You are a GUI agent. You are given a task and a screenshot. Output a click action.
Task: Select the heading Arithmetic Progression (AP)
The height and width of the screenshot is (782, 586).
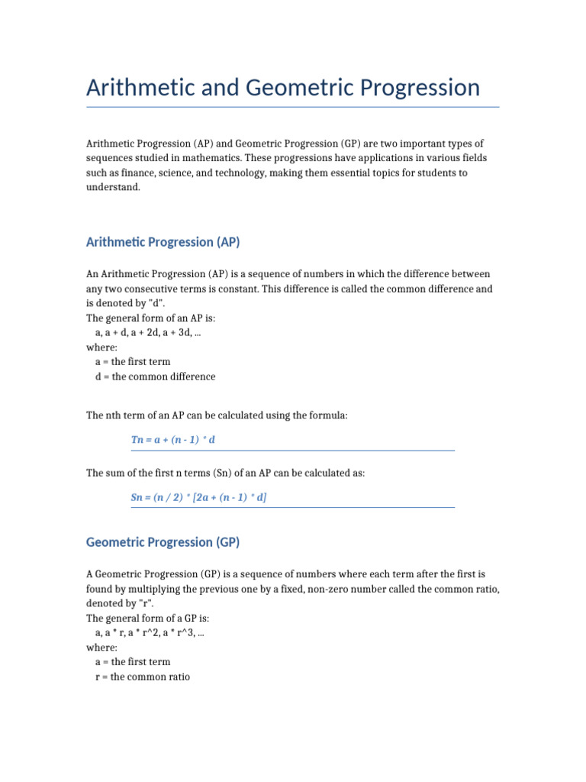tap(163, 242)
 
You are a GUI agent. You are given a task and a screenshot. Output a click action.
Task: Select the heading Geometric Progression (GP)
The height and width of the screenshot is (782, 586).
tap(163, 542)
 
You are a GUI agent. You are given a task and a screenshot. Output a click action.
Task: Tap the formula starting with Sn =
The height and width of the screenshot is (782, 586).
tap(199, 497)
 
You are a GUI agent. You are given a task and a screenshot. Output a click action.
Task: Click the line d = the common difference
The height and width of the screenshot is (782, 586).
tap(156, 376)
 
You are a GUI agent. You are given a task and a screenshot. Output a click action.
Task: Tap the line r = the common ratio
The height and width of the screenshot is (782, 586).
tap(143, 677)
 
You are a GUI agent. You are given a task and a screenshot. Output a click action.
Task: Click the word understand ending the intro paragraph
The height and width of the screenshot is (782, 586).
tap(113, 188)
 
